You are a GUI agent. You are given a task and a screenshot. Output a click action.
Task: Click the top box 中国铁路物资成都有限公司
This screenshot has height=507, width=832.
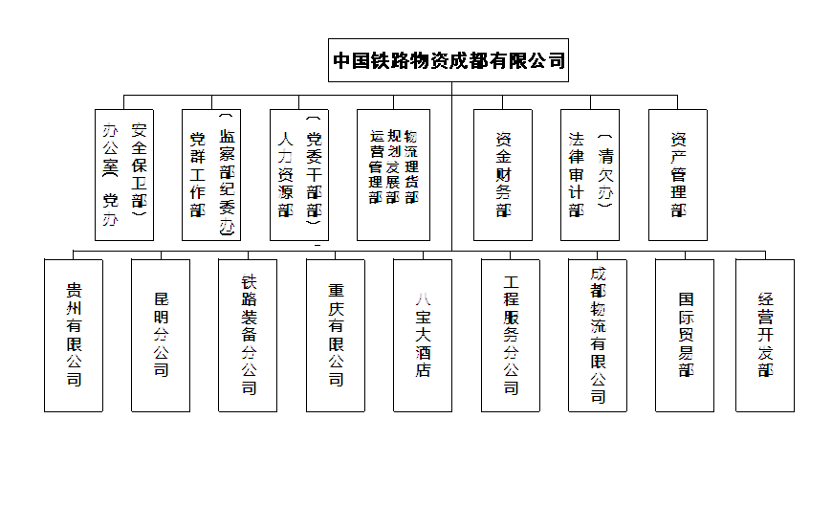click(x=449, y=60)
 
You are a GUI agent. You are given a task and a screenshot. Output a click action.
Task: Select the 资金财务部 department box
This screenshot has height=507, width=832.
click(x=502, y=174)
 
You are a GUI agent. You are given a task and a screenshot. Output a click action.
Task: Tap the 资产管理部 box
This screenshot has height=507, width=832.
click(x=677, y=174)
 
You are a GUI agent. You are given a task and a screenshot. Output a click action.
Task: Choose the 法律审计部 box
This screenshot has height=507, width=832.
click(x=590, y=174)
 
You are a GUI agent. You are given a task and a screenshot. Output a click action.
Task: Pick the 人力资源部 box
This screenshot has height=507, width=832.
click(x=299, y=174)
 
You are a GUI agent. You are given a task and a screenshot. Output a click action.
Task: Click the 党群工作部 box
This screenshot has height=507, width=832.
click(x=211, y=174)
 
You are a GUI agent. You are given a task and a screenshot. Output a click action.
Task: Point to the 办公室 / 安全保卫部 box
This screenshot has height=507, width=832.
click(x=125, y=174)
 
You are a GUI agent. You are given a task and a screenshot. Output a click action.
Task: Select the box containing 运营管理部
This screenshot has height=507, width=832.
click(x=393, y=174)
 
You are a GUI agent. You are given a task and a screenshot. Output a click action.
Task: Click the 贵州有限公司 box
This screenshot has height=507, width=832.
click(x=74, y=335)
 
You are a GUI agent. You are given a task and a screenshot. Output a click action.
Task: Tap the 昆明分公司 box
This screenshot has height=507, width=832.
click(x=161, y=335)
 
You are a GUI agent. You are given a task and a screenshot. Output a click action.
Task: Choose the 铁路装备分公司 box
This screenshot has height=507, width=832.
click(x=248, y=335)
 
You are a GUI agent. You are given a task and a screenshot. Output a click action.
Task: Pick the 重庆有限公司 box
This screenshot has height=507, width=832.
click(x=336, y=335)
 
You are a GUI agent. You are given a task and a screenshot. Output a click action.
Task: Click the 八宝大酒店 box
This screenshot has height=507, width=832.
click(x=423, y=335)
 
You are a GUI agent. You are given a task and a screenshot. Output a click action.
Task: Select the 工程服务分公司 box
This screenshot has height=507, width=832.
click(x=511, y=335)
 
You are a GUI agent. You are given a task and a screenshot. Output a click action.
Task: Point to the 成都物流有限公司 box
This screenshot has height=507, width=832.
click(x=598, y=335)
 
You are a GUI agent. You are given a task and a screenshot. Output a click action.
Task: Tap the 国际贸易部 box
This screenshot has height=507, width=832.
click(x=685, y=335)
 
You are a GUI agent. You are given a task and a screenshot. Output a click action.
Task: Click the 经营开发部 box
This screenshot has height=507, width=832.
click(x=765, y=335)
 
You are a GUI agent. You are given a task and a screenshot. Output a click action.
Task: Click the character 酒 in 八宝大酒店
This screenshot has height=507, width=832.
click(x=423, y=351)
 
